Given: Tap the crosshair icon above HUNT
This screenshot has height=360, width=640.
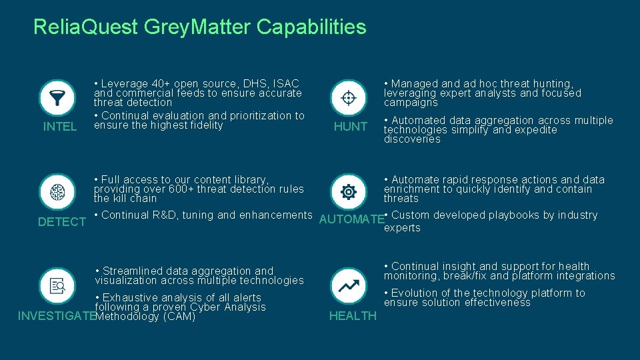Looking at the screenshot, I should [348, 98].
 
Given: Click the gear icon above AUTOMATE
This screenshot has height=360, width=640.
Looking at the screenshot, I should [348, 192].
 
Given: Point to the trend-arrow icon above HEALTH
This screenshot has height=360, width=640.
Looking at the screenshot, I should [348, 287].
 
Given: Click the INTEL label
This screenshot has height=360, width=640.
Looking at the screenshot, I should [60, 127].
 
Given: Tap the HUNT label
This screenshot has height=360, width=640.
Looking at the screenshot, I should [351, 127].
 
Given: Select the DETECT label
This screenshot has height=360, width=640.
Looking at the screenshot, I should [62, 222].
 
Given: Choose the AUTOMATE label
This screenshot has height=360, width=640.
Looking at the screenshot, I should [352, 219].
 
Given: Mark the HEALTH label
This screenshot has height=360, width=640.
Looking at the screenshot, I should [353, 316].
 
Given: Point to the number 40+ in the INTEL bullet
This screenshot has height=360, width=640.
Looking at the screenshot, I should [159, 84].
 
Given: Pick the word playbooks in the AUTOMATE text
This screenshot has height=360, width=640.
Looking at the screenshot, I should [500, 215].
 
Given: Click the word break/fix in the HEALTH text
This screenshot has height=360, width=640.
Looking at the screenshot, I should [468, 276].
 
